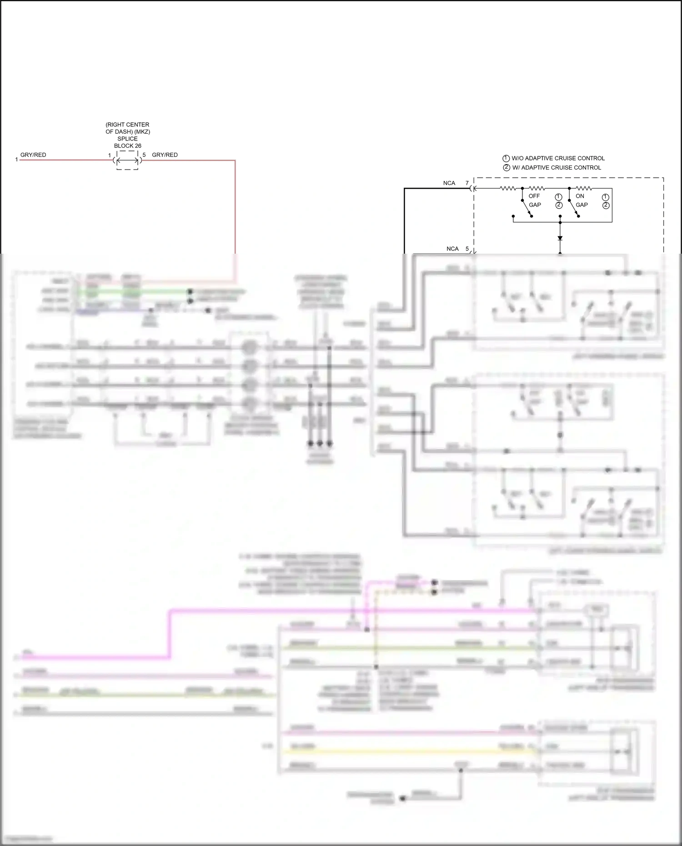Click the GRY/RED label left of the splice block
pyautogui.click(x=33, y=155)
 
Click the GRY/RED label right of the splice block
pyautogui.click(x=165, y=155)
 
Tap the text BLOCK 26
pyautogui.click(x=127, y=146)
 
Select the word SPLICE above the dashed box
pyautogui.click(x=127, y=139)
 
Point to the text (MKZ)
pyautogui.click(x=142, y=132)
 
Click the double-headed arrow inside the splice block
pyautogui.click(x=127, y=160)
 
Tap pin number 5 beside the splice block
pyautogui.click(x=144, y=155)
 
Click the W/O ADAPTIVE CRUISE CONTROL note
pyautogui.click(x=558, y=158)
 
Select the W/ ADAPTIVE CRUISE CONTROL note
pyautogui.click(x=557, y=168)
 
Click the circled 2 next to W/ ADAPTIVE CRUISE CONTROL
pyautogui.click(x=506, y=168)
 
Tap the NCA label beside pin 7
pyautogui.click(x=449, y=183)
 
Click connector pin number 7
pyautogui.click(x=467, y=183)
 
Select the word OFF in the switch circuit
pyautogui.click(x=534, y=196)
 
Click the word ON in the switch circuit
pyautogui.click(x=580, y=196)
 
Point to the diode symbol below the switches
pyautogui.click(x=560, y=238)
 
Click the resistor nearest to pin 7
pyautogui.click(x=507, y=188)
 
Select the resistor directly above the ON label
pyautogui.click(x=584, y=188)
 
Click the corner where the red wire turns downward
pyautogui.click(x=235, y=160)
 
